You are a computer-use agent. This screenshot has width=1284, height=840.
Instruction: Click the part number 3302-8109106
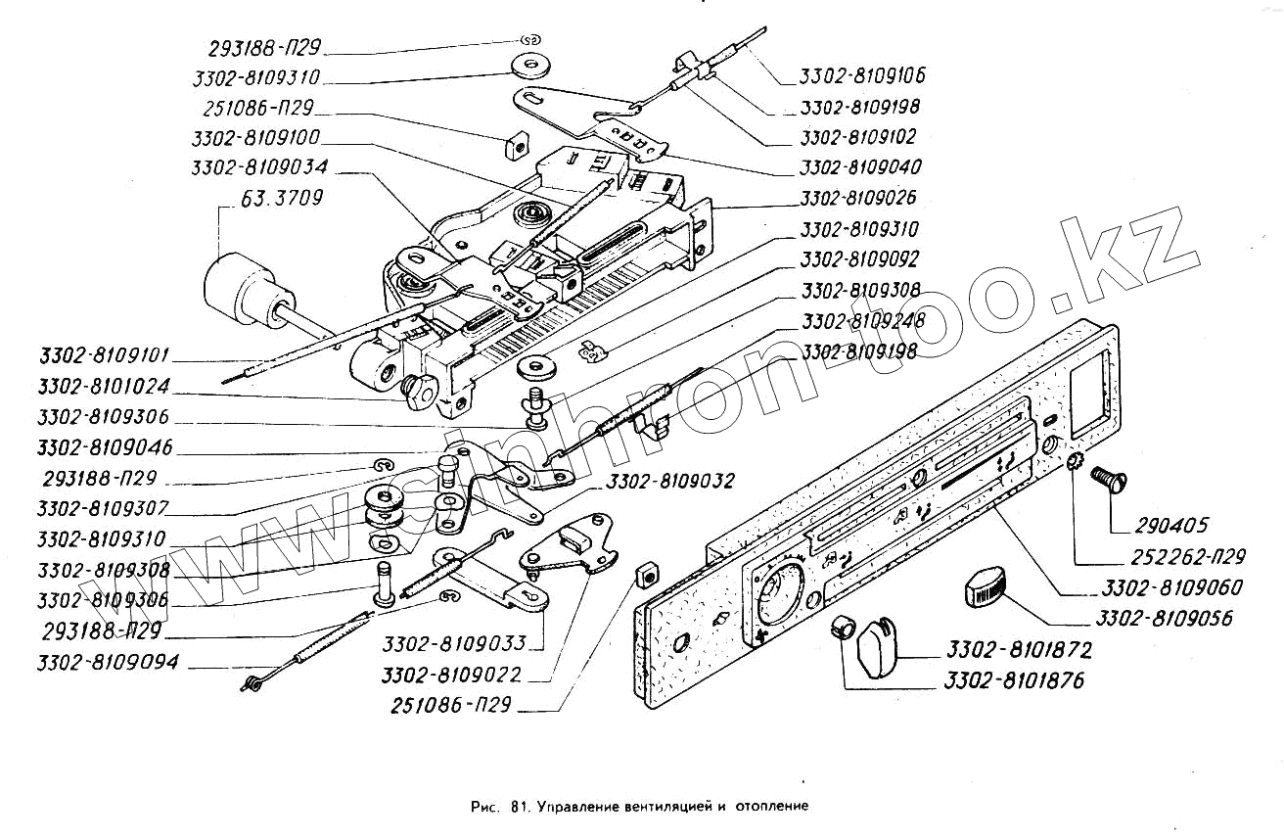pyautogui.click(x=862, y=75)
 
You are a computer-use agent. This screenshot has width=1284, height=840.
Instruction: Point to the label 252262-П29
pyautogui.click(x=1185, y=557)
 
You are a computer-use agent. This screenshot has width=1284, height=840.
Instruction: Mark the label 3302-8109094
pyautogui.click(x=108, y=663)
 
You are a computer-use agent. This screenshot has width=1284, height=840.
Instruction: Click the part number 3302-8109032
pyautogui.click(x=669, y=482)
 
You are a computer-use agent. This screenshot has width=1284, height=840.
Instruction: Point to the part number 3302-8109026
pyautogui.click(x=858, y=198)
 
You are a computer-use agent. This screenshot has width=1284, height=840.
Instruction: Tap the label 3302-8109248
pyautogui.click(x=858, y=321)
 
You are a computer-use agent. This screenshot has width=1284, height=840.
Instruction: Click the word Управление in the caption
pyautogui.click(x=578, y=808)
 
